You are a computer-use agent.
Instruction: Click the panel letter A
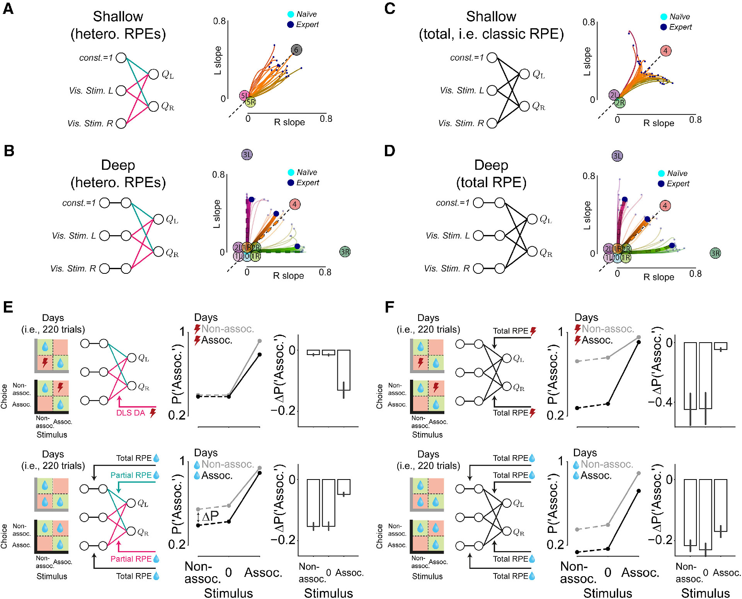[8, 9]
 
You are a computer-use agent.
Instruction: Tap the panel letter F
[389, 307]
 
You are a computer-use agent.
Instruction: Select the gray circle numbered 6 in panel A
[296, 50]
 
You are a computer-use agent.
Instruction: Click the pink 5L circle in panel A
[244, 96]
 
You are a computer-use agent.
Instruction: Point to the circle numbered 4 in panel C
[665, 51]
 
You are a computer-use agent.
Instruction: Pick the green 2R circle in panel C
[620, 102]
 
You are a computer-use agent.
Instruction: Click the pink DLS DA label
[131, 413]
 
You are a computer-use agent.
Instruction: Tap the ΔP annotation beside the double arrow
[210, 516]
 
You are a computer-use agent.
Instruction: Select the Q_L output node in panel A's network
[154, 74]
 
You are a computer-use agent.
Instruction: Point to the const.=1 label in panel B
[79, 203]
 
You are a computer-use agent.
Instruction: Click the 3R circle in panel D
[715, 253]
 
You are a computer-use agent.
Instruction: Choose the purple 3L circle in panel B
[247, 155]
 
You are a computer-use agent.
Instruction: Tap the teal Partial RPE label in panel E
[131, 475]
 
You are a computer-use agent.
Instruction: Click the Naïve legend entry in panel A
[306, 14]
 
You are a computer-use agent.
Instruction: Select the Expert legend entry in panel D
[678, 184]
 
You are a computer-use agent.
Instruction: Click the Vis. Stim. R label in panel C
[461, 123]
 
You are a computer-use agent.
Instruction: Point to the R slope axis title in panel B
[288, 276]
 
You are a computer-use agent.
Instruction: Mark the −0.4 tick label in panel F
[662, 402]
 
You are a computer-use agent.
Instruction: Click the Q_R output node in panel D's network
[533, 252]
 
